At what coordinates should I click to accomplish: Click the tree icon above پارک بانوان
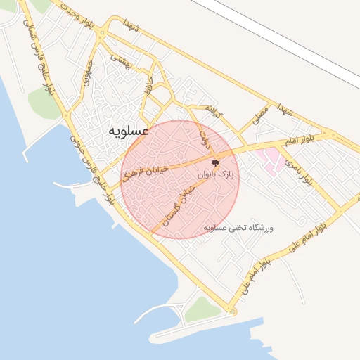[x=225, y=162]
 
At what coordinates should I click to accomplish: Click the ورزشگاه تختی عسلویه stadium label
[x=238, y=228]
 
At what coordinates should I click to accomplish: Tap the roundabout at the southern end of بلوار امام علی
[x=232, y=311]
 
